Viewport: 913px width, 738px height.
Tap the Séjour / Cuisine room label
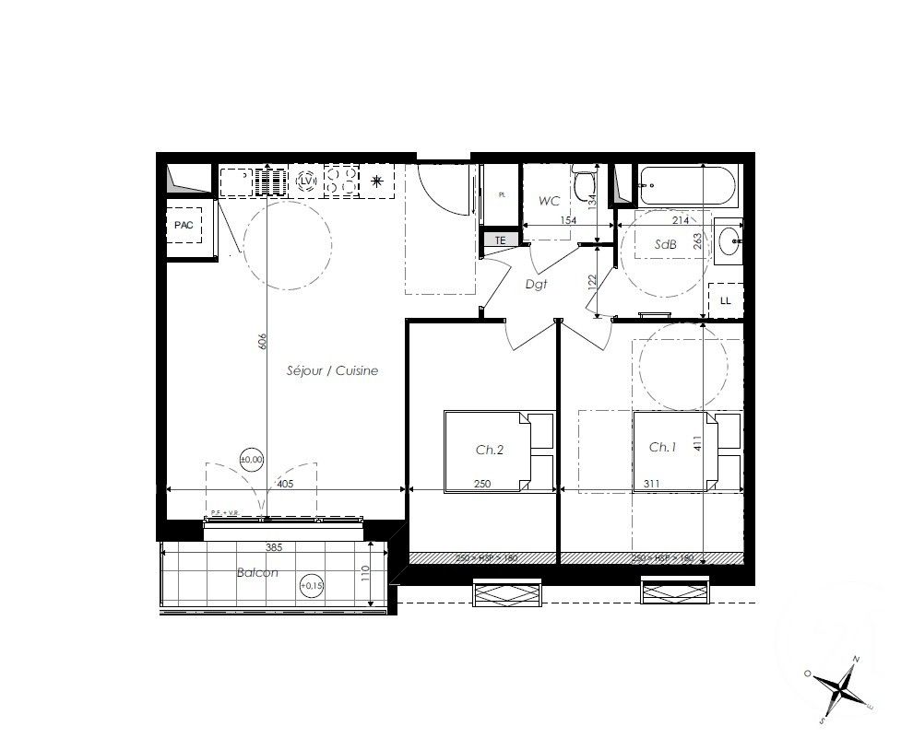tap(332, 370)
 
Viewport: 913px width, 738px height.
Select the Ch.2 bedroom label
tap(489, 450)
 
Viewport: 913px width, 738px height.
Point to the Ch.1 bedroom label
tap(662, 447)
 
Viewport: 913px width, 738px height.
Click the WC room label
tap(550, 200)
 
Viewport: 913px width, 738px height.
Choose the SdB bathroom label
tap(665, 245)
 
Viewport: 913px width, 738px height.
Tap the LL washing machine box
tap(725, 300)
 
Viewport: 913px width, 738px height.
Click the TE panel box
tap(501, 240)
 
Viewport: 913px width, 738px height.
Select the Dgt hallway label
tap(536, 285)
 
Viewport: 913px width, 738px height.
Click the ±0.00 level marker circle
tap(252, 458)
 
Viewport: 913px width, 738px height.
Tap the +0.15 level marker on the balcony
tap(313, 583)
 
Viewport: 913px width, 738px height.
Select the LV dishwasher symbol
tap(307, 182)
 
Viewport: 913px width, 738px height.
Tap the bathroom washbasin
tap(730, 244)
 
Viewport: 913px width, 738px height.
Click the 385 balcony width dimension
tap(273, 547)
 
